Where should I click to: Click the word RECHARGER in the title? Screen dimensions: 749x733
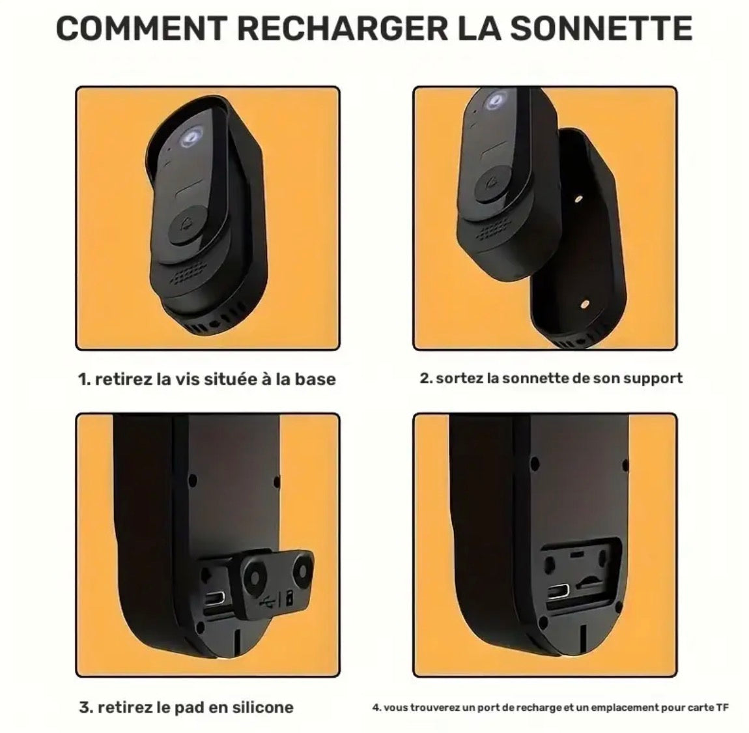click(343, 28)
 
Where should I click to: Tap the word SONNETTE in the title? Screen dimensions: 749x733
click(601, 28)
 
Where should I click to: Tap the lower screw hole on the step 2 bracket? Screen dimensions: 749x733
click(584, 304)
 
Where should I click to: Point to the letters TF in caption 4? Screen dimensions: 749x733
click(722, 707)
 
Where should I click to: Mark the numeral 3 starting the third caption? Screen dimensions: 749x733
click(83, 707)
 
